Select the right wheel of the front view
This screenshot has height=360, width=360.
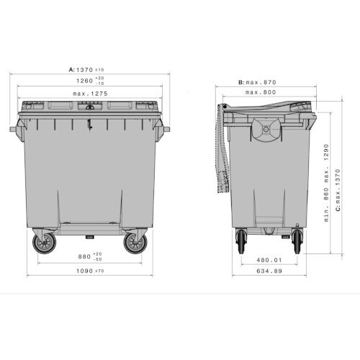135,243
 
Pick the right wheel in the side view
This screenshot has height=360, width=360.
298,241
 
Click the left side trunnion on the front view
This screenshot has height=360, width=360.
14,130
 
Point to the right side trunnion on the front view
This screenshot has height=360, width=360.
166,130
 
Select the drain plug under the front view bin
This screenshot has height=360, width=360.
89,235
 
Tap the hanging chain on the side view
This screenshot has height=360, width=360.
221,155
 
